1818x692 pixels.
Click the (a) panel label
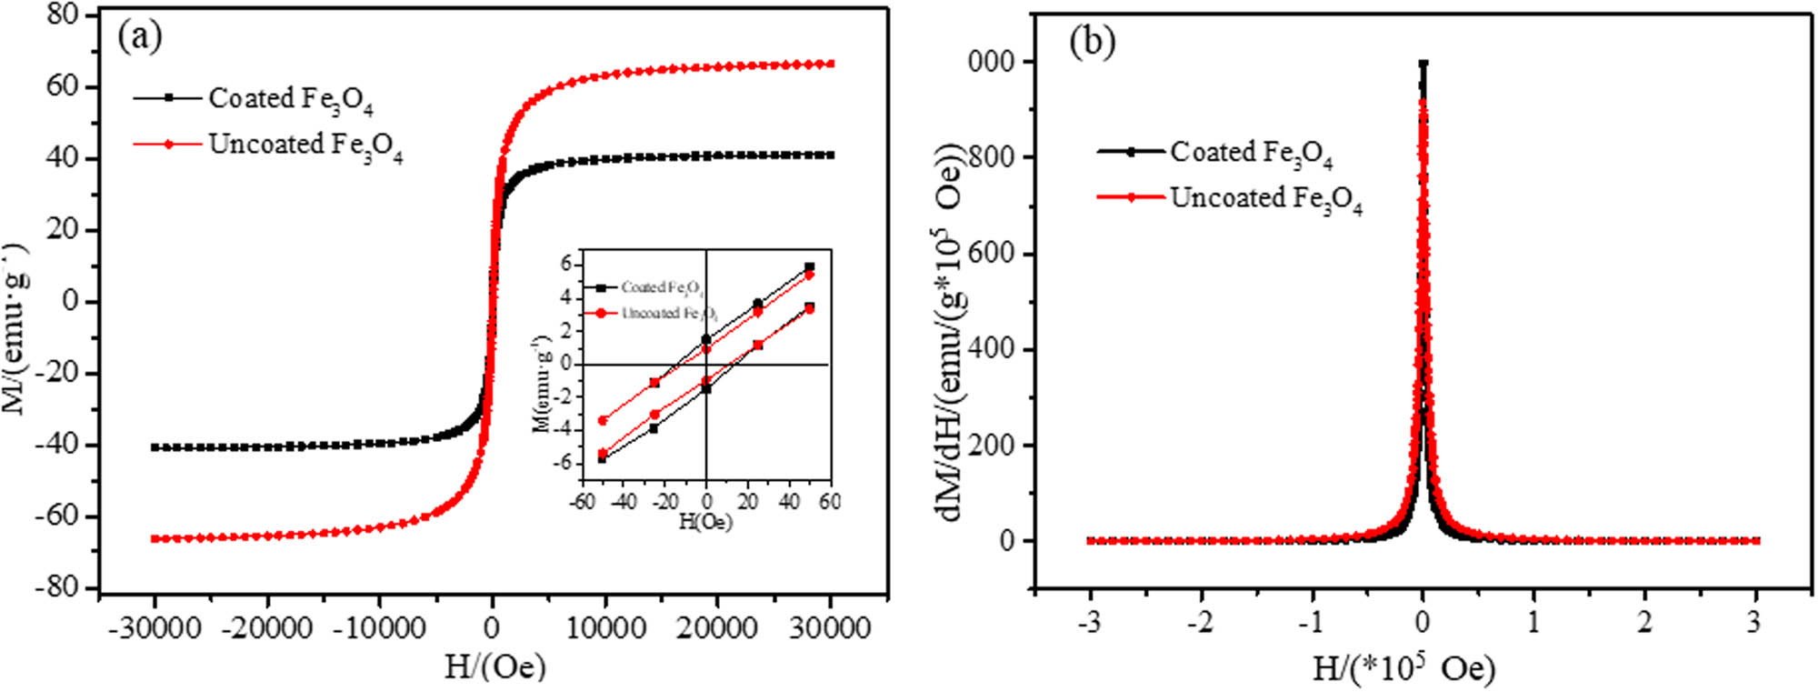tap(140, 37)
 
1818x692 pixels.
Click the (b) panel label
tap(1092, 41)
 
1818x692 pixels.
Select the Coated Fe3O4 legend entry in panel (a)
tap(289, 99)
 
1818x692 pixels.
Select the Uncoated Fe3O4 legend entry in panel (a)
tap(305, 145)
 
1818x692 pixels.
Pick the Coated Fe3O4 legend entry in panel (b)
tap(1250, 153)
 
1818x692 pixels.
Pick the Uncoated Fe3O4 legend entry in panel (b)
tap(1265, 199)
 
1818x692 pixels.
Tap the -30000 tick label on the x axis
tap(155, 628)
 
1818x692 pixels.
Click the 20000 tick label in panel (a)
tap(716, 628)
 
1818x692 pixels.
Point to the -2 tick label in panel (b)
tap(1201, 623)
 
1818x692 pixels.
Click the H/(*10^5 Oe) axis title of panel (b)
tap(1403, 670)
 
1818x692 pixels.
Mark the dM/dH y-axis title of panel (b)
tap(951, 332)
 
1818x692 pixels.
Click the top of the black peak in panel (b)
tap(1423, 64)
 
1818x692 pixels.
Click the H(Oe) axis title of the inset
tap(705, 522)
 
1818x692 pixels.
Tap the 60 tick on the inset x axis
tap(829, 501)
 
